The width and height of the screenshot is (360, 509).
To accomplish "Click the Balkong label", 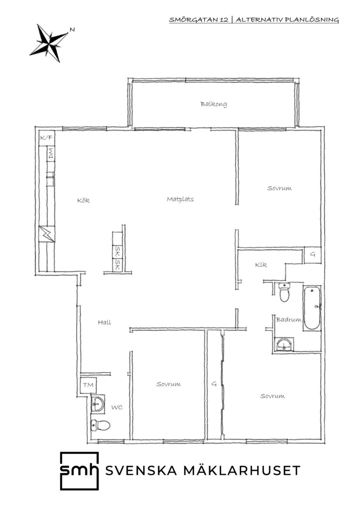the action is [x=213, y=104].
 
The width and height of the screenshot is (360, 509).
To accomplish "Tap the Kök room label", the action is [x=83, y=200].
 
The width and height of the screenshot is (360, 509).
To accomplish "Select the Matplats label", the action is [x=180, y=199].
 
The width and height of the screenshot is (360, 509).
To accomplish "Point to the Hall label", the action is [x=105, y=322].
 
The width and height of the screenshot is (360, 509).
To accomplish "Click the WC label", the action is [x=117, y=407].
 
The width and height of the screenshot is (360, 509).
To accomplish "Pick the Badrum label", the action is [x=288, y=320].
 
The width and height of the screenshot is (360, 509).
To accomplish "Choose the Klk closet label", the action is [x=261, y=264].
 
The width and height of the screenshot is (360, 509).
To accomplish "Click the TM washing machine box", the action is [x=88, y=385].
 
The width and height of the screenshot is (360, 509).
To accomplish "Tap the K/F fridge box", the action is [x=47, y=138].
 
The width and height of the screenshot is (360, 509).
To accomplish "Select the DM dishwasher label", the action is [x=50, y=153].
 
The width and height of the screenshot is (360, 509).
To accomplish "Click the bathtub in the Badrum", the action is [x=312, y=308].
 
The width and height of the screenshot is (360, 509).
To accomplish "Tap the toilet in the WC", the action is [x=100, y=425].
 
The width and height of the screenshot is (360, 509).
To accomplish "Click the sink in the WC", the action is [x=98, y=404].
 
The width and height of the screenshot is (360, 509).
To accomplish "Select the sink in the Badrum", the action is [x=284, y=345].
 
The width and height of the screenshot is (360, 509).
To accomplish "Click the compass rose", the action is [x=49, y=42].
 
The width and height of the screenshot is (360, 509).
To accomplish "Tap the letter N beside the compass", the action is [x=72, y=30].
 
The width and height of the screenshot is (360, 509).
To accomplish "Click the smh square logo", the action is [x=80, y=471].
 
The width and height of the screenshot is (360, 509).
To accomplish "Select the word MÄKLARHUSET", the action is [x=242, y=470].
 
